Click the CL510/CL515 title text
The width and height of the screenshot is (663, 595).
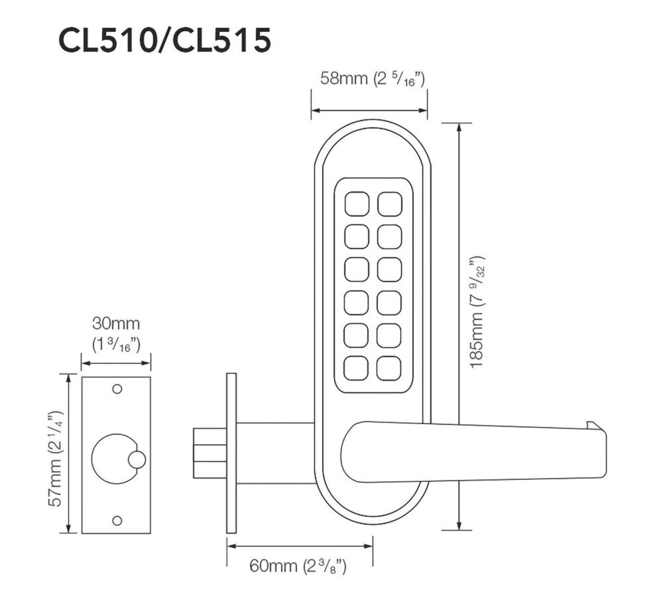pos(164,41)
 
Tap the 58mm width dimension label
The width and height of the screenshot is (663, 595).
pos(372,80)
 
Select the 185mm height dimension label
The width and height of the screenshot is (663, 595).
pos(478,311)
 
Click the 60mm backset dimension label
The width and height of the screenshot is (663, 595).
pos(298,567)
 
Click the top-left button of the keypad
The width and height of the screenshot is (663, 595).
pos(357,203)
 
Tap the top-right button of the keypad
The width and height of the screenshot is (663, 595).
pos(390,203)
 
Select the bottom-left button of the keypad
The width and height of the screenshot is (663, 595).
pos(357,368)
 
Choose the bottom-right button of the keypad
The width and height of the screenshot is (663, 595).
pos(390,368)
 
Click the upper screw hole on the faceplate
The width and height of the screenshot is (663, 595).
pos(117,388)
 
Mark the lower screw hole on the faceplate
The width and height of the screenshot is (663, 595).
pos(117,520)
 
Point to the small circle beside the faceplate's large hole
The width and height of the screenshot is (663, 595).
pos(137,459)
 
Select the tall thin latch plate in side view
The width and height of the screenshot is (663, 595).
pos(231,452)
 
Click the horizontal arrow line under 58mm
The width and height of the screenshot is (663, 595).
pos(369,111)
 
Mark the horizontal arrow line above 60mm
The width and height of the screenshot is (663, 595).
pos(299,546)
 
